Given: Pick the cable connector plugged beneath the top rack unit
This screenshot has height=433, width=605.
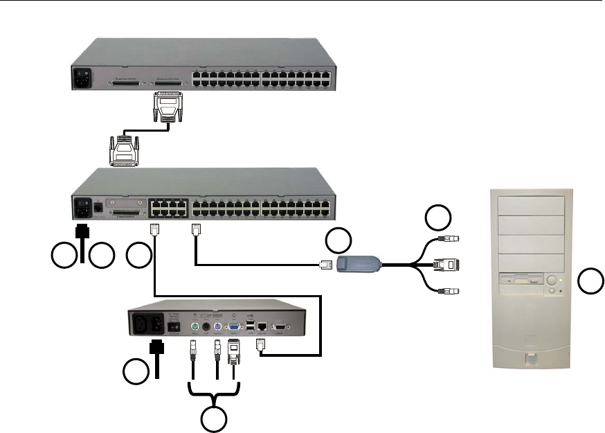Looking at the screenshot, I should click(x=165, y=107).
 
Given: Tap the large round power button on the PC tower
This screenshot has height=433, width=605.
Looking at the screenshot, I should click(x=552, y=281).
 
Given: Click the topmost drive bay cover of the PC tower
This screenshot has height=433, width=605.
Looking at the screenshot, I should click(x=528, y=205).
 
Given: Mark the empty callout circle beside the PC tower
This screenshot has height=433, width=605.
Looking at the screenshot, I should click(x=590, y=281).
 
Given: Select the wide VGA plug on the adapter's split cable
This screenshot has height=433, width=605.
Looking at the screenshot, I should click(x=445, y=265).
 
